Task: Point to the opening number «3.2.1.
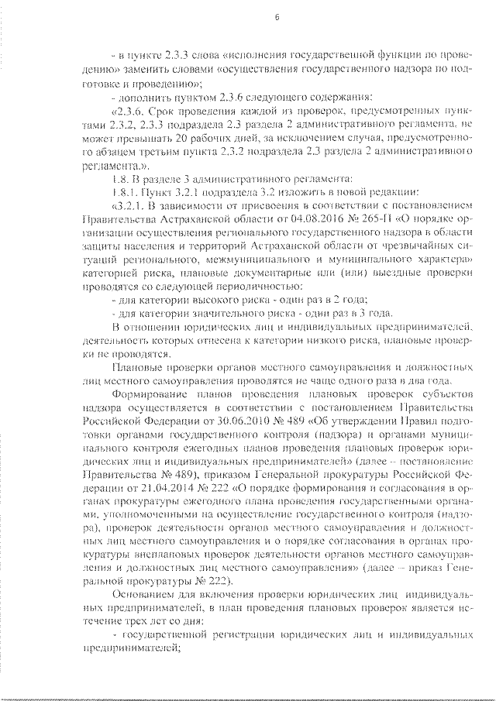pyautogui.click(x=129, y=206)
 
